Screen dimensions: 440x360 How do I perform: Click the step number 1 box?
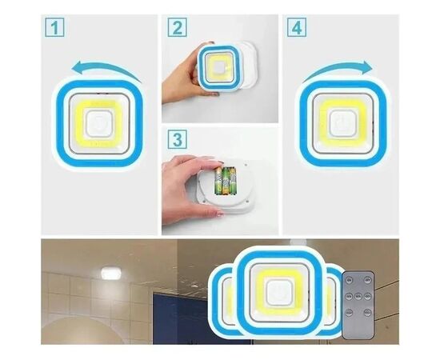coord(54,27)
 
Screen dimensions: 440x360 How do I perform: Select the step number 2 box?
coord(178,27)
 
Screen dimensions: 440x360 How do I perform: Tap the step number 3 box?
coord(178,139)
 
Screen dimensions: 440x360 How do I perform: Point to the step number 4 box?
coord(297,27)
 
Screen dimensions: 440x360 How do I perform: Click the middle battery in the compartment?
coord(225,181)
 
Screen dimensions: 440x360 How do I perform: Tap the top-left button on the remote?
coord(349,280)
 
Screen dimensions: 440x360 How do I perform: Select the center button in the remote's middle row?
coord(358,296)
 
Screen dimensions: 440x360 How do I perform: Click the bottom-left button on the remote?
coord(349,313)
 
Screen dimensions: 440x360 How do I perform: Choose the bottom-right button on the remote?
coord(368,313)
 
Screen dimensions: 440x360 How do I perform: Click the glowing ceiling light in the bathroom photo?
coord(110,273)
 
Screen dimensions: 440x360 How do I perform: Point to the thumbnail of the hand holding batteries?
coord(220,181)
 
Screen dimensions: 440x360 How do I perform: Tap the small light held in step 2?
coord(219,67)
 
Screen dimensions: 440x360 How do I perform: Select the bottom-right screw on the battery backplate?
coord(247,201)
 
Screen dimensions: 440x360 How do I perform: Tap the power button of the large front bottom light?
coord(279,293)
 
